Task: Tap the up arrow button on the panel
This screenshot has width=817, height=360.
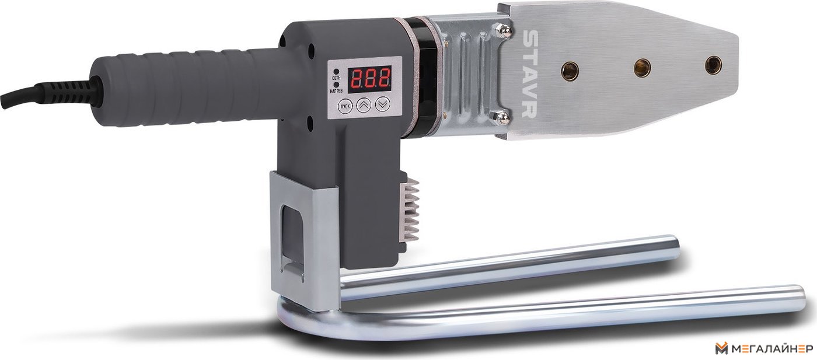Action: [363, 105]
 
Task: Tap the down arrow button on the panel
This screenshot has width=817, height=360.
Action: [382, 104]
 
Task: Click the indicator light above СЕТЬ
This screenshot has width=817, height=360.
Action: [336, 72]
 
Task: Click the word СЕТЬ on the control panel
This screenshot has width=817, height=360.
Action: [336, 78]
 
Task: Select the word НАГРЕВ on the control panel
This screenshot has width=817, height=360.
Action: [336, 91]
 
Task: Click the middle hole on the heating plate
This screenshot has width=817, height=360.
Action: [642, 67]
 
